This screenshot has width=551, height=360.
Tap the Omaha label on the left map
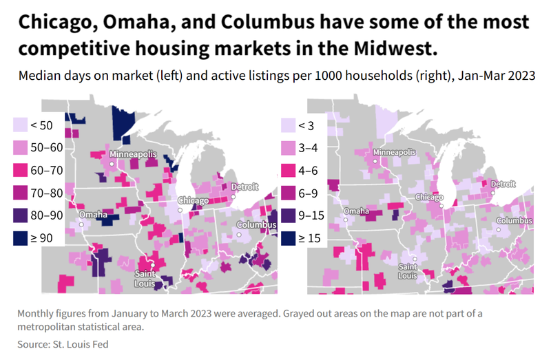point(93,215)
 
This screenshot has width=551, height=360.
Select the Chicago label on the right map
point(429,197)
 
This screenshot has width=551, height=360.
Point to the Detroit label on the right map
point(502,184)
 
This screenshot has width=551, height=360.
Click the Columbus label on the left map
point(256,225)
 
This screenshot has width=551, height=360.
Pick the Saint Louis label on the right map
point(407,271)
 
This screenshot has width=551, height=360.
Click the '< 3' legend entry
point(305,125)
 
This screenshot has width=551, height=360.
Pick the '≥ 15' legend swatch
point(288,239)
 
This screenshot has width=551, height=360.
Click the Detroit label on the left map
point(244,187)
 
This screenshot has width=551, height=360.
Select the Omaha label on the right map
point(356,211)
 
